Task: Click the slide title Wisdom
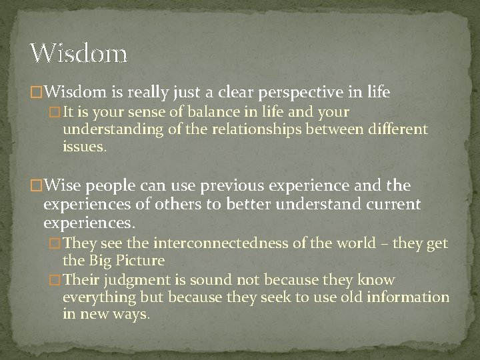click(x=79, y=53)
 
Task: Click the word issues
click(x=84, y=146)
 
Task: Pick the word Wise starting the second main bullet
click(x=62, y=185)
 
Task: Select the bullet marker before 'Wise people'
click(x=37, y=185)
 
